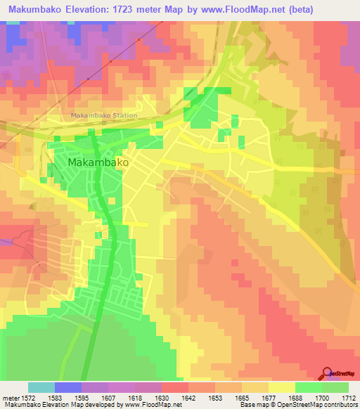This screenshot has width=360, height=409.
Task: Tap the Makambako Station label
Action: pyautogui.click(x=104, y=115)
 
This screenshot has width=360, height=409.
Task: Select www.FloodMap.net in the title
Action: pyautogui.click(x=240, y=9)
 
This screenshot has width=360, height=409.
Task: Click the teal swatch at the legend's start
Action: pyautogui.click(x=41, y=387)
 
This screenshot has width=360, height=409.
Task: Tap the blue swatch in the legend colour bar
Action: pyautogui.click(x=68, y=387)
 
